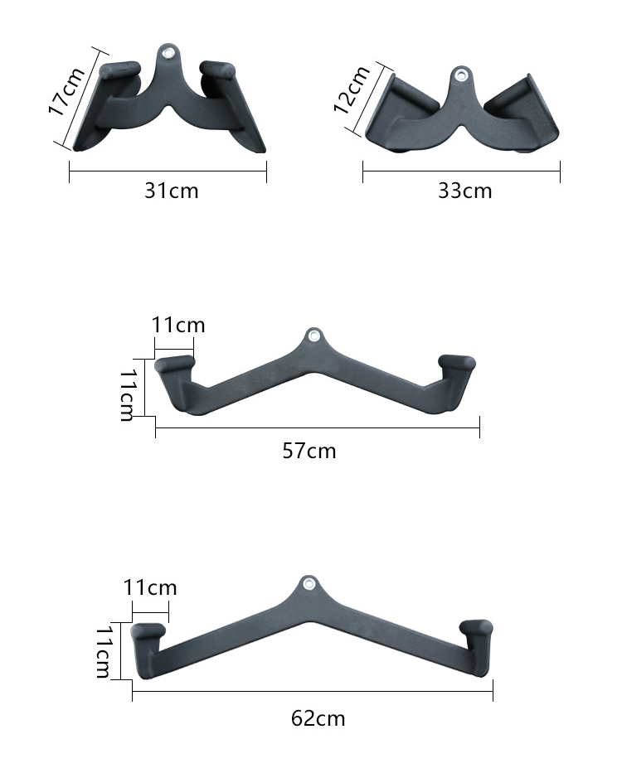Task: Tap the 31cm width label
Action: [172, 191]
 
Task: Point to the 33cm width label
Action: [464, 191]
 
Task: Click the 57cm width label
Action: [309, 451]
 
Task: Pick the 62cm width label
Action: [318, 718]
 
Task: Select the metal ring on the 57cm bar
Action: [313, 336]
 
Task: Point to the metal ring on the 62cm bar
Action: [309, 583]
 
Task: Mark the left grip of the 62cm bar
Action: [148, 632]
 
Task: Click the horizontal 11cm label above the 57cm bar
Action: [178, 324]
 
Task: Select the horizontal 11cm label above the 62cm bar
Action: [150, 588]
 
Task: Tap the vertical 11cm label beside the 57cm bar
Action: [127, 394]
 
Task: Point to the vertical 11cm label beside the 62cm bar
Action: [104, 652]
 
